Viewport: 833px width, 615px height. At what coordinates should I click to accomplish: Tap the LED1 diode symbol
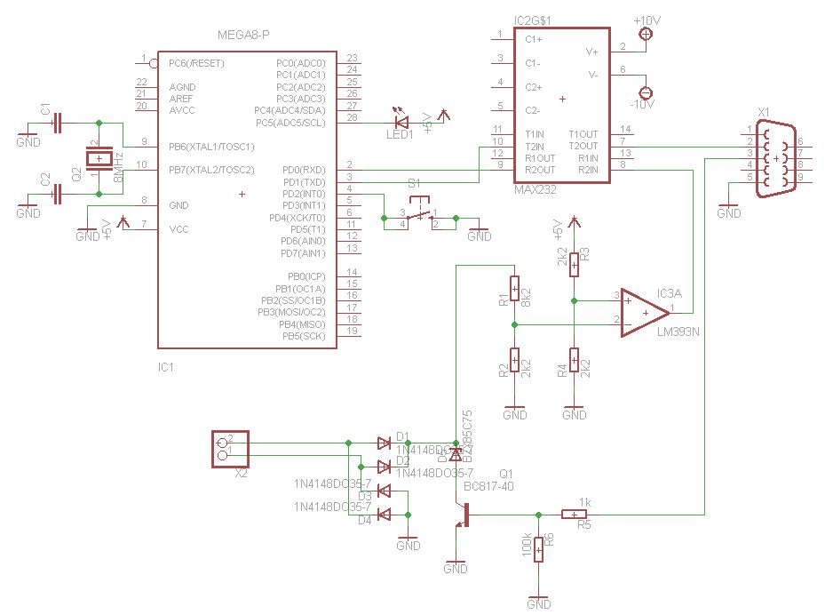[x=401, y=122]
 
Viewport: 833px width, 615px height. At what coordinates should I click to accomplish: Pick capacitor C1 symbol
[x=58, y=122]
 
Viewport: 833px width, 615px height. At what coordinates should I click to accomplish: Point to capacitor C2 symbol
[x=58, y=193]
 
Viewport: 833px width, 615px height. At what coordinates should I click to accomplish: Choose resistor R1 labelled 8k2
[x=514, y=290]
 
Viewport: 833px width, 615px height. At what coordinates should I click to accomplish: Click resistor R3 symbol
[x=575, y=264]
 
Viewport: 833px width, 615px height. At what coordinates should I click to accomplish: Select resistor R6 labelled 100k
[x=539, y=547]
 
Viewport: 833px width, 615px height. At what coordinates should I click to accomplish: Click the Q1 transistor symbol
[x=463, y=515]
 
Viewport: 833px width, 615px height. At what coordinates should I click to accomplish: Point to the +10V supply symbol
[x=646, y=34]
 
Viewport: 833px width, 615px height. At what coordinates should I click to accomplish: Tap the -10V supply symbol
[x=646, y=92]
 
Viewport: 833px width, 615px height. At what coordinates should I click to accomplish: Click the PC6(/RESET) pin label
[x=197, y=63]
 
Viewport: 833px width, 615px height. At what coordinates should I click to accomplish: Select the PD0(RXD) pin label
[x=303, y=169]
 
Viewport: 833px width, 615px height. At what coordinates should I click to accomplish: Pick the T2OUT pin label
[x=583, y=145]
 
